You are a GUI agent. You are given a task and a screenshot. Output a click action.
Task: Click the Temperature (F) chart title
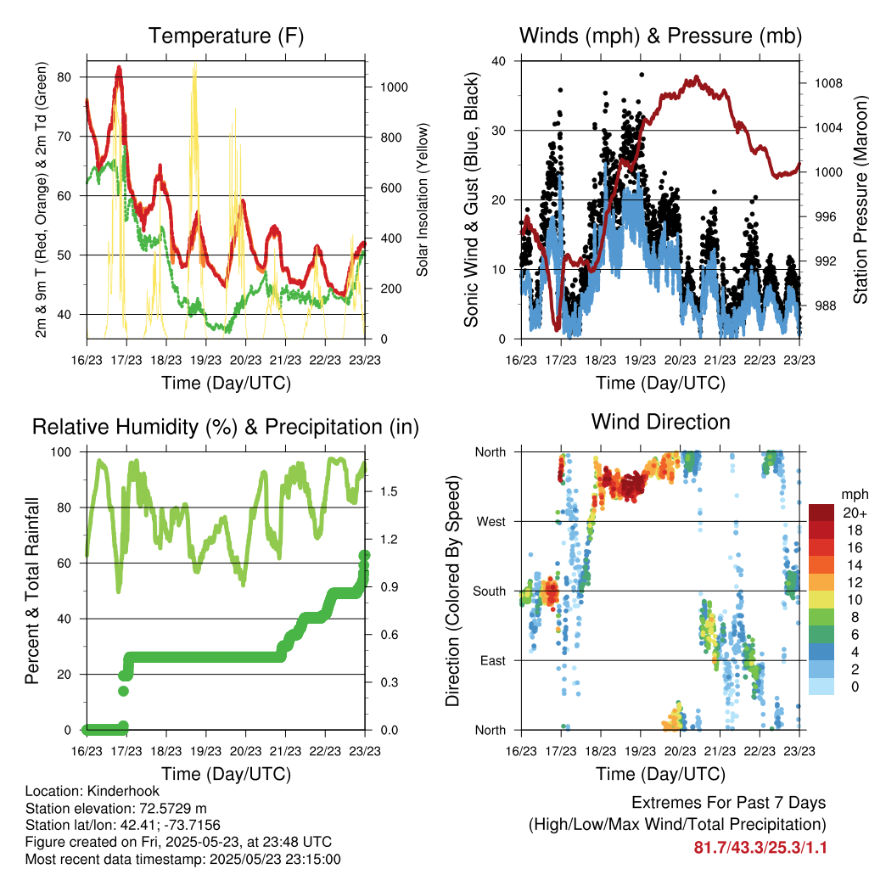point(226,36)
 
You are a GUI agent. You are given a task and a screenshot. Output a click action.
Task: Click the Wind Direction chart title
point(660,422)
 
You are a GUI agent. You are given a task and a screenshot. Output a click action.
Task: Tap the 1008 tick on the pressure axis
point(828,83)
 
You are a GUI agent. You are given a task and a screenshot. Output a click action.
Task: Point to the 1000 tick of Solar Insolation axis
point(394,87)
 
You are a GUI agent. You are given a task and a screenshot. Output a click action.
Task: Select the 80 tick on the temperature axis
point(64,77)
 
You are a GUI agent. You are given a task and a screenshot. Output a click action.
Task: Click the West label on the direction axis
point(491,522)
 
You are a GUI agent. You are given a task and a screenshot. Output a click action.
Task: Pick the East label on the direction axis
point(493,660)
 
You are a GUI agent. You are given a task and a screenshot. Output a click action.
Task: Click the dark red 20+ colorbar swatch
point(821,512)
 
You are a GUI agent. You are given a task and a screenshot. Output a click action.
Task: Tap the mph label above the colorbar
point(854,495)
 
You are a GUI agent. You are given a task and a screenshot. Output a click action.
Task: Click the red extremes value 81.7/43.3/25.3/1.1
point(760,847)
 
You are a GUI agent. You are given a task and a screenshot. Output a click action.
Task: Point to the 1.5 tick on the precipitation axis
point(389,491)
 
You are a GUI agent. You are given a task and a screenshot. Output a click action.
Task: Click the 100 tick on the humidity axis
point(61,452)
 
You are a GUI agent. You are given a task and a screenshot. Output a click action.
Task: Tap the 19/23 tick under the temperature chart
point(205,360)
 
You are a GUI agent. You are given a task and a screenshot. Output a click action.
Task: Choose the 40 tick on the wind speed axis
point(499,61)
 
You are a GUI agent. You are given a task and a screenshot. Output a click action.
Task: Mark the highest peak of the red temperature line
point(119,69)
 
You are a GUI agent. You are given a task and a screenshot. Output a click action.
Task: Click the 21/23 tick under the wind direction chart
point(720,751)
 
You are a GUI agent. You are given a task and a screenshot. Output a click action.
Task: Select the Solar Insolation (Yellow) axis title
point(423,199)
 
